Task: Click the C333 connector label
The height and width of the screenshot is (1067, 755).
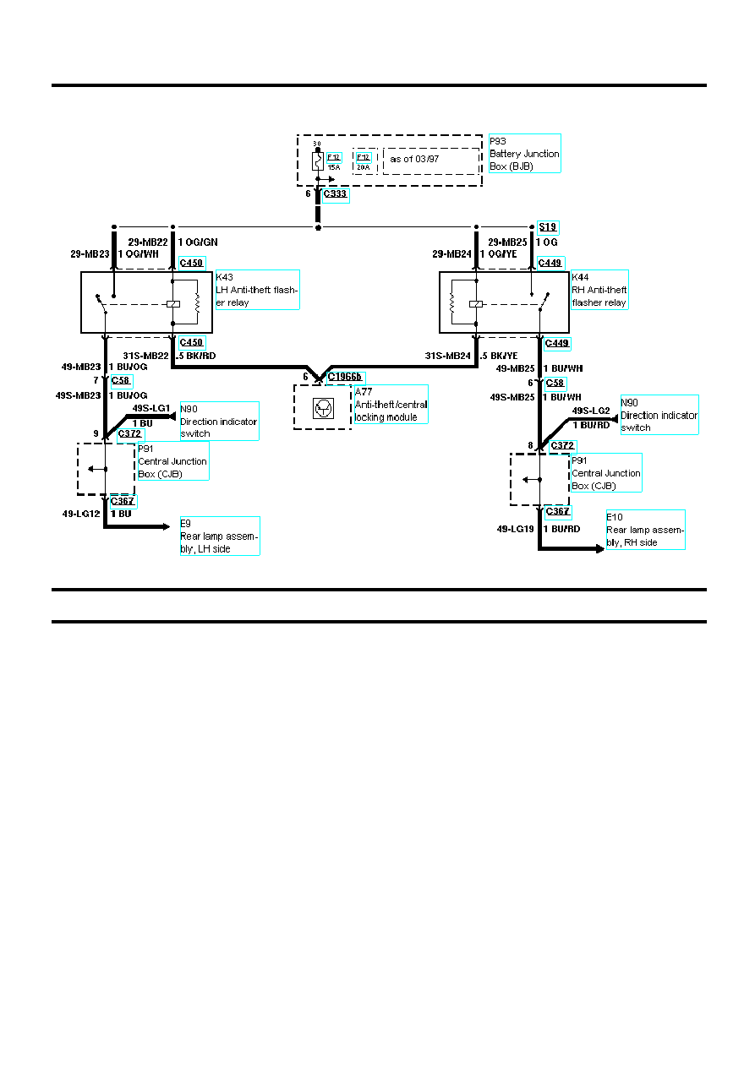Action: pyautogui.click(x=336, y=193)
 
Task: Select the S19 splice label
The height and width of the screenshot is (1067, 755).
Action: pyautogui.click(x=548, y=228)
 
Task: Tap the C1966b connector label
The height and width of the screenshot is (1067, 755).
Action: pyautogui.click(x=345, y=377)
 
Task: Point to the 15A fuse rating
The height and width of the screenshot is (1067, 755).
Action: pyautogui.click(x=334, y=167)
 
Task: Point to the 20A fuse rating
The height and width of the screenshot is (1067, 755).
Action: pyautogui.click(x=364, y=167)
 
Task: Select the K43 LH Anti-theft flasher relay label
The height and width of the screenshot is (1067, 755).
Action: pyautogui.click(x=257, y=290)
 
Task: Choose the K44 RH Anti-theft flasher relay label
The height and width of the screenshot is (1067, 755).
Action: pyautogui.click(x=599, y=290)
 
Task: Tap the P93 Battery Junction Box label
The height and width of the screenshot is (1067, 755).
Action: pyautogui.click(x=524, y=154)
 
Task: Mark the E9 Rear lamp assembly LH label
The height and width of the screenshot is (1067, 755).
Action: pyautogui.click(x=219, y=536)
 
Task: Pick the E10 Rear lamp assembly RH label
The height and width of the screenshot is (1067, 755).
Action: pyautogui.click(x=645, y=530)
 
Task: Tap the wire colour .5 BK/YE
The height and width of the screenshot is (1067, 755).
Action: pyautogui.click(x=499, y=356)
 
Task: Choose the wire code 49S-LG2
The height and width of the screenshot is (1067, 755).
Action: pyautogui.click(x=591, y=411)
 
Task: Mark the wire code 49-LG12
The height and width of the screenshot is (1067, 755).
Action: pyautogui.click(x=83, y=514)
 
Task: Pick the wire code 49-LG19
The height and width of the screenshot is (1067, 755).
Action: pyautogui.click(x=515, y=530)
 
